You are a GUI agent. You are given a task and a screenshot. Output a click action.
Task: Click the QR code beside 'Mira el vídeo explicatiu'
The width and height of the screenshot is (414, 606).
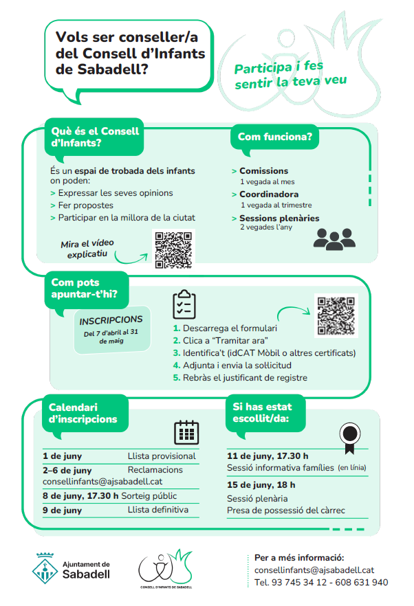(x=173, y=249)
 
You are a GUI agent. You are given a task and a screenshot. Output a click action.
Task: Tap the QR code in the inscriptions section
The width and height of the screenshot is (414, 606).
(x=336, y=315)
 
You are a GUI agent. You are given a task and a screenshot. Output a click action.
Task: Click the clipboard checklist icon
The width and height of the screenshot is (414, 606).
(x=184, y=304)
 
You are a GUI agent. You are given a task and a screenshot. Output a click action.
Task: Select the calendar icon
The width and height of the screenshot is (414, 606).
(x=186, y=432)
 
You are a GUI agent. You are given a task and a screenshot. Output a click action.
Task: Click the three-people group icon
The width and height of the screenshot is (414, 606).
(x=334, y=237)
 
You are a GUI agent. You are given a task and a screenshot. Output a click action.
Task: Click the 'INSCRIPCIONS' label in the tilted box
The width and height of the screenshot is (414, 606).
(x=111, y=320)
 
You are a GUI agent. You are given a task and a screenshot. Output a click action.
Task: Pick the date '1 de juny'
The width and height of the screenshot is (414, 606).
(x=63, y=456)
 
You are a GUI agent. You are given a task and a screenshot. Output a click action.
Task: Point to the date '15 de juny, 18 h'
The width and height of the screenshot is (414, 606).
(x=263, y=485)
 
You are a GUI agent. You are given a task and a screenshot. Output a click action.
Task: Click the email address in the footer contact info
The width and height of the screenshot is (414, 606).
(x=314, y=570)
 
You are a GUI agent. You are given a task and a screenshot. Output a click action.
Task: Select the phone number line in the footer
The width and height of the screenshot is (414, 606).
(x=320, y=582)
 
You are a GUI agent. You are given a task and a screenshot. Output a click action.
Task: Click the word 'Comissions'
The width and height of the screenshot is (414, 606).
(x=263, y=171)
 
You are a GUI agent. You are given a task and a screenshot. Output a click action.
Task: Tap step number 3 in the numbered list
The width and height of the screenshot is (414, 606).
(x=176, y=353)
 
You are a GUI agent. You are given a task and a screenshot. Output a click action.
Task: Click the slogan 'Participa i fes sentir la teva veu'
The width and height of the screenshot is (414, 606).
(x=290, y=76)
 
